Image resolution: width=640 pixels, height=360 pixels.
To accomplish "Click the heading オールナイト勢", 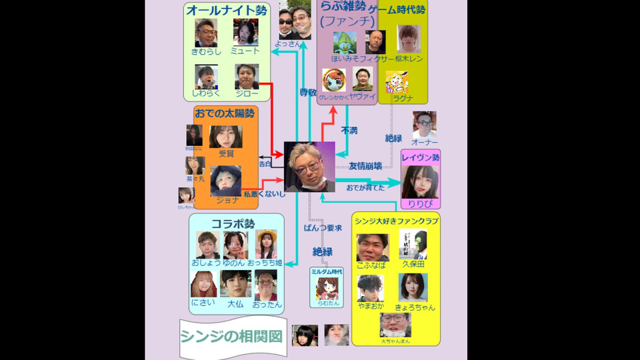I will (220, 10).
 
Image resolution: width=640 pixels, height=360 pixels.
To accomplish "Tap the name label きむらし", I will (205, 51).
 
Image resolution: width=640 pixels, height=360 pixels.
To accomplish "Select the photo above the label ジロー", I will (247, 77).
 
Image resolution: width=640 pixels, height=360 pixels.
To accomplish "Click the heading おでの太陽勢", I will (223, 114).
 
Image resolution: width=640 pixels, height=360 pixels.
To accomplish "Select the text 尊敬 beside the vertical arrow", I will (307, 93).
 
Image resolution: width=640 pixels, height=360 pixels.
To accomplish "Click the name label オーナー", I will (425, 143).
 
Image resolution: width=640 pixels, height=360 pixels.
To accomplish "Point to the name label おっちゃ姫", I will (266, 263).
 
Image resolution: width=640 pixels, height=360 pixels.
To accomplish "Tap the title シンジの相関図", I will (231, 336).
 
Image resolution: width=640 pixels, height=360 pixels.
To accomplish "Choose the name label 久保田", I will (413, 265).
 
